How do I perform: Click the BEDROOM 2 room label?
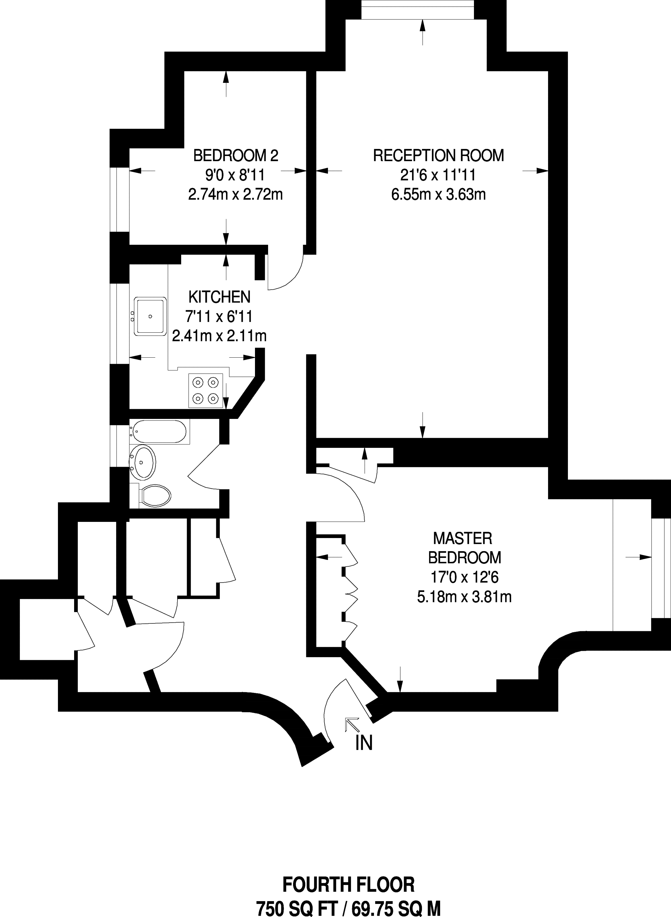click(x=235, y=155)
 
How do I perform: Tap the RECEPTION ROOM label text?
click(x=438, y=155)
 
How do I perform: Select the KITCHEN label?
click(x=219, y=297)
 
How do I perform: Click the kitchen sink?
click(x=151, y=317)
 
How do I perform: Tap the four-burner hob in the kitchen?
click(x=206, y=390)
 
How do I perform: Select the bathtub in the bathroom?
click(x=159, y=432)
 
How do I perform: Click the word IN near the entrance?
click(x=364, y=743)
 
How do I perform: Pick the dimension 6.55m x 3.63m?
click(x=438, y=195)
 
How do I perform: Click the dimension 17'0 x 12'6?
click(x=464, y=577)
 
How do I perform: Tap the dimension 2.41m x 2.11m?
click(x=219, y=336)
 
